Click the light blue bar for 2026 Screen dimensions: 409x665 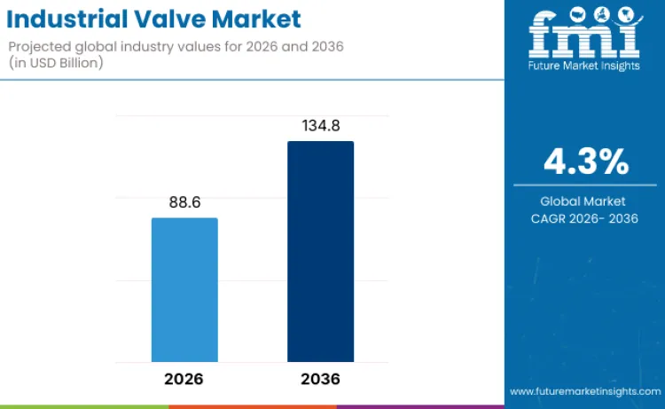point(184,289)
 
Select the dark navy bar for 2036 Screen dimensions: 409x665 point(320,251)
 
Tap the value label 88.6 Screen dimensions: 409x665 point(184,202)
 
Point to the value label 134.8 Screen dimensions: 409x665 point(320,125)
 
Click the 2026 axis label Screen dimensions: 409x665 point(184,379)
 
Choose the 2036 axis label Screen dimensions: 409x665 point(320,379)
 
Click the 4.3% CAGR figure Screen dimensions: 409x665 point(585,162)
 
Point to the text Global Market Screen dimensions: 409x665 point(585,201)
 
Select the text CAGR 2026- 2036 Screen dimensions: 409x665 point(585,218)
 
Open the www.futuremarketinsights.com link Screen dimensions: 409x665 point(584,390)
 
